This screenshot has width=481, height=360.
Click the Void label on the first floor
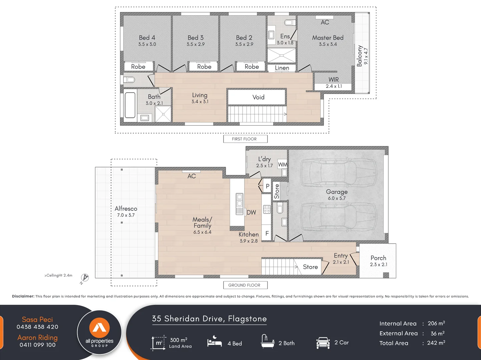click(x=258, y=97)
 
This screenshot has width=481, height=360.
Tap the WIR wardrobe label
click(x=334, y=79)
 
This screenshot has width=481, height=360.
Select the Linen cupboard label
click(x=282, y=68)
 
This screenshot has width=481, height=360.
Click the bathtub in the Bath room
click(x=130, y=105)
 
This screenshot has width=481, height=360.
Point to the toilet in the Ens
click(x=290, y=23)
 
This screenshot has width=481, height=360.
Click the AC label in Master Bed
click(x=325, y=22)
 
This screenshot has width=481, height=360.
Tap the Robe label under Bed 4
click(x=138, y=66)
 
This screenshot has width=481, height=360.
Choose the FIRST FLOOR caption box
click(x=245, y=139)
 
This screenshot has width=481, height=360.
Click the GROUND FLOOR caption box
click(x=245, y=285)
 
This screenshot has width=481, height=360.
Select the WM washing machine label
click(x=283, y=164)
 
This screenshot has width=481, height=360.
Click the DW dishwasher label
click(x=251, y=212)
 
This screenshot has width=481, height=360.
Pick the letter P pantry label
click(x=267, y=186)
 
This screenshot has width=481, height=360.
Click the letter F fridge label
click(x=267, y=233)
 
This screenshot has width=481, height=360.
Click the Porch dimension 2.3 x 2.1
click(x=379, y=264)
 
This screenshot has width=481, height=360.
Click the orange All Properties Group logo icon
click(x=99, y=327)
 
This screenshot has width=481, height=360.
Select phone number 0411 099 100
click(x=37, y=345)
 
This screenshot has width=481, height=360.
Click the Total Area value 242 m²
click(x=436, y=343)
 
